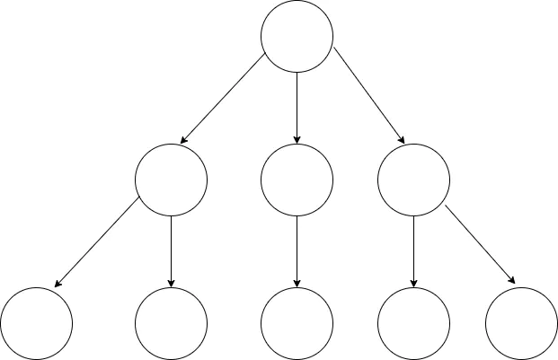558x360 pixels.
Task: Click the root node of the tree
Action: point(297,36)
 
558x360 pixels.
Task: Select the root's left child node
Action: point(171,180)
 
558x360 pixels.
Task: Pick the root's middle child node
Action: point(297,180)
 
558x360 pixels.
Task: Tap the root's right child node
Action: point(413,180)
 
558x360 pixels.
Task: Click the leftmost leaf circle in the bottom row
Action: point(36,323)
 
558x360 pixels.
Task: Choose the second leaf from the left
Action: point(171,323)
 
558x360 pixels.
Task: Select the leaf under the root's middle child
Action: point(297,323)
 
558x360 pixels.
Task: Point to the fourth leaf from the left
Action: point(413,323)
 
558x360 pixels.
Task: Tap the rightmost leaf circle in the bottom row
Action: point(521,323)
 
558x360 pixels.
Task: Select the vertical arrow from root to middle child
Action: point(297,108)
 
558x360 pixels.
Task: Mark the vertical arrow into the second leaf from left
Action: point(171,251)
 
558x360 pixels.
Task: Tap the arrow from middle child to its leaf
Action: point(297,251)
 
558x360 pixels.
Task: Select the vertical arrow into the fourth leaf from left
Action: point(413,251)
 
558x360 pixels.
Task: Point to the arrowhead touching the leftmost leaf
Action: point(57,285)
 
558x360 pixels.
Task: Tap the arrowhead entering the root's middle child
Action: point(297,139)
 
